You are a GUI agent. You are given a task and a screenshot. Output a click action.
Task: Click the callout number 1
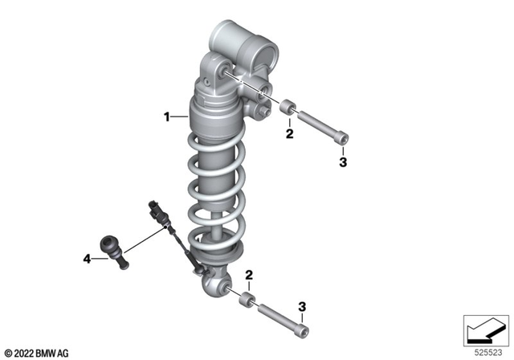pyautogui.click(x=166, y=117)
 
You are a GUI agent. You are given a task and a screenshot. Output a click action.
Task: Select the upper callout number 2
pyautogui.click(x=290, y=133)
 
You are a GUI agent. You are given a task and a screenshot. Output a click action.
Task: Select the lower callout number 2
pyautogui.click(x=249, y=276)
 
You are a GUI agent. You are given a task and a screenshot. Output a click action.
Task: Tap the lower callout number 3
pyautogui.click(x=301, y=306)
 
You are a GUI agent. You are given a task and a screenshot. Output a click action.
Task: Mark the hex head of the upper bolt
pyautogui.click(x=342, y=140)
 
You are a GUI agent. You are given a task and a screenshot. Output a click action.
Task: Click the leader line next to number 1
pyautogui.click(x=178, y=117)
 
